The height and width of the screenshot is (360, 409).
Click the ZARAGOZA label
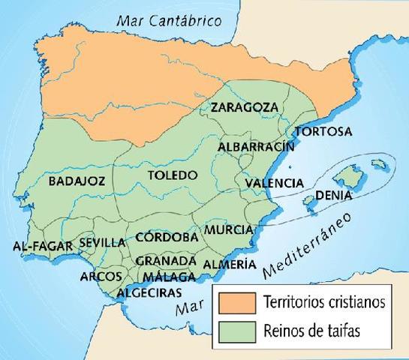[244, 106]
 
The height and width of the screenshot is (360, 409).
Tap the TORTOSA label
[323, 131]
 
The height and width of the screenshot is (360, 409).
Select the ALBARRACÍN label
[255, 147]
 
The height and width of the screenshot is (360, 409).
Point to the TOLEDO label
[172, 175]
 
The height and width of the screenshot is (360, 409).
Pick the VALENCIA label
[274, 182]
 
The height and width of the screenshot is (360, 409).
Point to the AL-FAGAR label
[42, 246]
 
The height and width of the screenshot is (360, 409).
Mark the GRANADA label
[166, 260]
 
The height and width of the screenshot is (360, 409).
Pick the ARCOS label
[101, 276]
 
